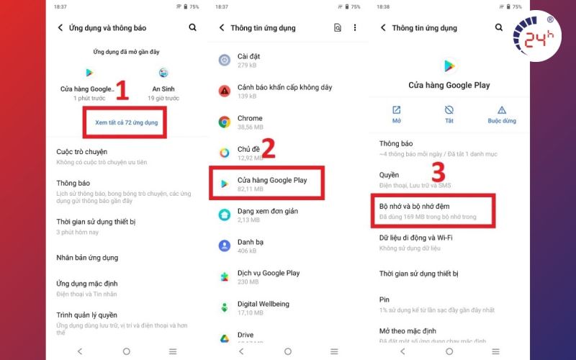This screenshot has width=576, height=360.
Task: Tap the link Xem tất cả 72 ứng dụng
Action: [127, 122]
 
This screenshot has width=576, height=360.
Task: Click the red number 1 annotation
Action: [122, 91]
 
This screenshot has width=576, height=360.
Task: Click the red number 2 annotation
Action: [269, 148]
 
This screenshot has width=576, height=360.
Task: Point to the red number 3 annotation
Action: [438, 172]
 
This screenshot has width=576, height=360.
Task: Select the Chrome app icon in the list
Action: [225, 122]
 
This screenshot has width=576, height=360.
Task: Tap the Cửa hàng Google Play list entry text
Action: [272, 180]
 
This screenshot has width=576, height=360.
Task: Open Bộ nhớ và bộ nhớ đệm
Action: [415, 207]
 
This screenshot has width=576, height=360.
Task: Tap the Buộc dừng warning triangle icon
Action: [502, 110]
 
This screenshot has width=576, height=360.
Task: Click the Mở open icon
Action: [397, 110]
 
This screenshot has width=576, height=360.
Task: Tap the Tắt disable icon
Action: [449, 110]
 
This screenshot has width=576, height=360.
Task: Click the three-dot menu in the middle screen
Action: [355, 27]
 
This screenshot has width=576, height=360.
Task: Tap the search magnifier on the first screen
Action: [192, 27]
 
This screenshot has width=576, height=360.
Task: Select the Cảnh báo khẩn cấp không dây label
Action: [284, 87]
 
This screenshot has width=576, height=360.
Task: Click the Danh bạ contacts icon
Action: [225, 246]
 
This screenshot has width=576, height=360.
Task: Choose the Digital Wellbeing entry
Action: [263, 308]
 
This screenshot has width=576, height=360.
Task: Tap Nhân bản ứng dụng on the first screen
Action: [87, 258]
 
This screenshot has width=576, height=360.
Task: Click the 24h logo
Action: [536, 36]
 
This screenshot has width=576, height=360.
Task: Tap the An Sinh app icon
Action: [163, 73]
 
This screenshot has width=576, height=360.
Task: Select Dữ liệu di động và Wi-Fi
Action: [416, 238]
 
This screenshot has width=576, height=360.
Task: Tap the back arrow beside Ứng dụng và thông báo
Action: [60, 27]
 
